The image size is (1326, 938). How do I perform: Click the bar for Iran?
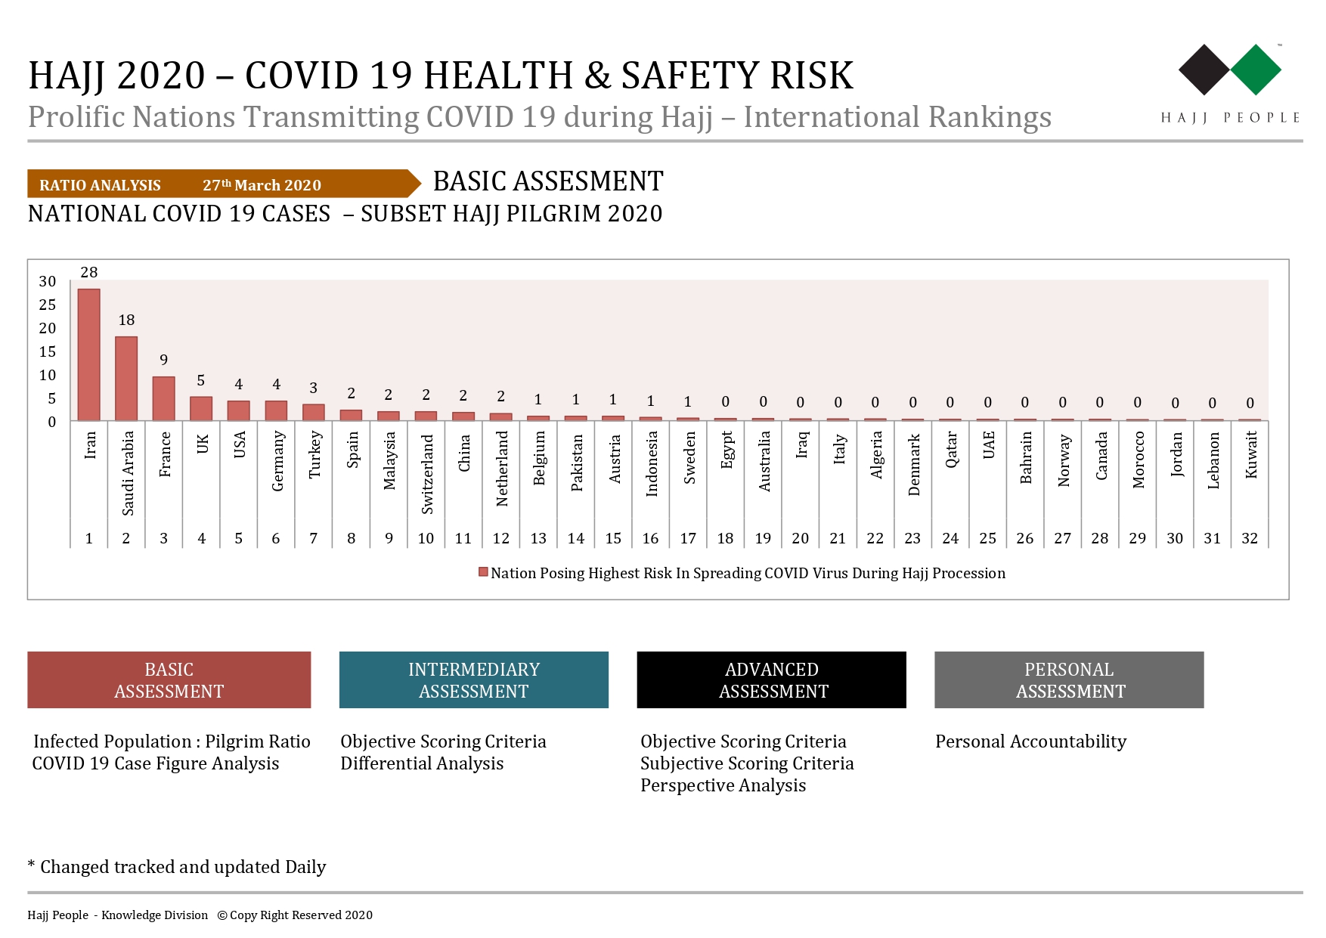pos(88,354)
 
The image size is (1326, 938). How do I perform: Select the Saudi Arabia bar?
pos(126,379)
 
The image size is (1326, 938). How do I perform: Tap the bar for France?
pos(163,398)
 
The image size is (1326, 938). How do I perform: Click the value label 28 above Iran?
pos(89,272)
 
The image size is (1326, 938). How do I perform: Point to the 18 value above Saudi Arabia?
pos(126,320)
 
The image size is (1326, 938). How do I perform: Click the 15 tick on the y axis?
pos(48,351)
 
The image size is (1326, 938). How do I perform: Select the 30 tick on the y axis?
pos(48,281)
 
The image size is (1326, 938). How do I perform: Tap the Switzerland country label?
pos(427,474)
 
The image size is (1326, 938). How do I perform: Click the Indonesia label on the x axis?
pos(652,463)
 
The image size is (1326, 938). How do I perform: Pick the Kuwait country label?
pos(1251,454)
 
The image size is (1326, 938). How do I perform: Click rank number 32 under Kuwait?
pos(1250,538)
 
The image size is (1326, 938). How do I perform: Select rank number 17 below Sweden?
pos(688,538)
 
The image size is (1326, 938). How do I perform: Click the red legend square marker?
pos(483,572)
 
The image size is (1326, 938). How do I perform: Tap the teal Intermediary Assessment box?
pos(474,680)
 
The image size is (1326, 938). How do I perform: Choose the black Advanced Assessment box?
pos(771,680)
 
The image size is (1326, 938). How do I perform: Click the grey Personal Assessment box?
pos(1069,680)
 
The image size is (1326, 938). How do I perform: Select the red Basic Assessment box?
pos(169,680)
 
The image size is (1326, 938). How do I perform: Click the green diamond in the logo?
pos(1256,70)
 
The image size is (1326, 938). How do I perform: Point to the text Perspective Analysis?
pos(723,785)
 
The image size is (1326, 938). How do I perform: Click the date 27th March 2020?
pos(262,184)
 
